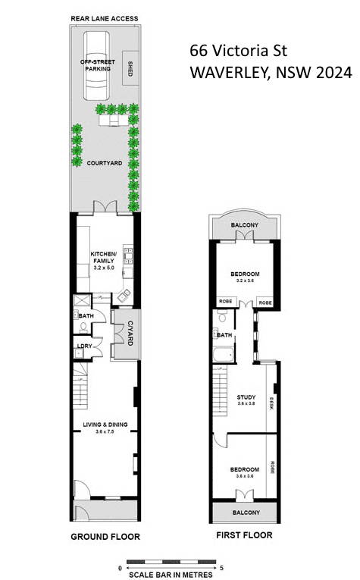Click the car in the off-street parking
[96, 66]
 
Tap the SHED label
[130, 68]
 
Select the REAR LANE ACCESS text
[105, 18]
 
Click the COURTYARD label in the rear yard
[105, 163]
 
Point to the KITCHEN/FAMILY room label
[104, 258]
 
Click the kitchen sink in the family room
[124, 295]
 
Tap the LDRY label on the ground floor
[84, 346]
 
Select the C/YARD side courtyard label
[130, 333]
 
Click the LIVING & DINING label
[105, 425]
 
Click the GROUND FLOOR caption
[105, 537]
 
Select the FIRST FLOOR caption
[244, 535]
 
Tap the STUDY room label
[246, 397]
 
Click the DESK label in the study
[271, 403]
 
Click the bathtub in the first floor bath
[224, 355]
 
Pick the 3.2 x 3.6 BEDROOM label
[245, 274]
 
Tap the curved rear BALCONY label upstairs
[245, 225]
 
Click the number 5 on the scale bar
[221, 568]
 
